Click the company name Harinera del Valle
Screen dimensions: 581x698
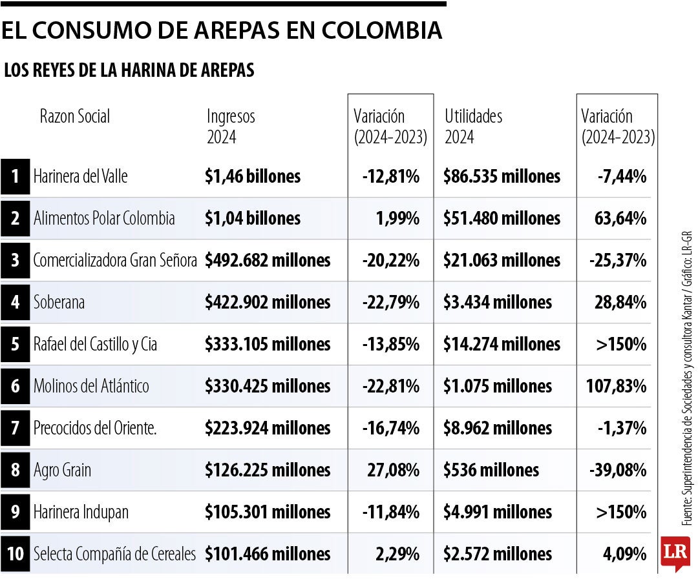pyautogui.click(x=81, y=176)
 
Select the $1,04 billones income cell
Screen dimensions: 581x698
pyautogui.click(x=253, y=218)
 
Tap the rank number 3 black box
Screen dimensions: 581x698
pyautogui.click(x=16, y=260)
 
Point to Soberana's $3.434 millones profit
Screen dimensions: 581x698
pyautogui.click(x=498, y=302)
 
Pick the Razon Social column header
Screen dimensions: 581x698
pyautogui.click(x=75, y=116)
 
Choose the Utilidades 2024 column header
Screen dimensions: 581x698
pyautogui.click(x=473, y=127)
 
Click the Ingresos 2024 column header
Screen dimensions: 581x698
pyautogui.click(x=231, y=127)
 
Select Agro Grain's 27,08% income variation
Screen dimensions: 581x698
pyautogui.click(x=394, y=470)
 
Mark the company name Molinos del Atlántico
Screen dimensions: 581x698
pyautogui.click(x=91, y=386)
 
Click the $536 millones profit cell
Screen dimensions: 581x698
pyautogui.click(x=491, y=470)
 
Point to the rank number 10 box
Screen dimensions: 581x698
pyautogui.click(x=16, y=554)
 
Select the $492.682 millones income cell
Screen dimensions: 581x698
pyautogui.click(x=268, y=260)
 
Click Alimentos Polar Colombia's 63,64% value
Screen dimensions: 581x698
pyautogui.click(x=620, y=218)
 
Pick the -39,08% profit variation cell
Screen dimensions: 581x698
pyautogui.click(x=618, y=470)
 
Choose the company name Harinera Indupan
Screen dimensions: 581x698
pyautogui.click(x=81, y=512)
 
